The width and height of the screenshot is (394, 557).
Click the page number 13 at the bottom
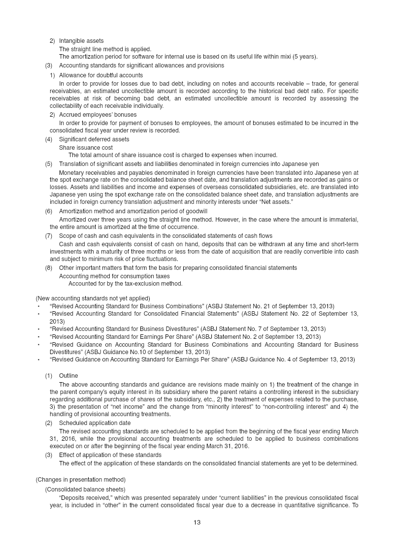(197, 523)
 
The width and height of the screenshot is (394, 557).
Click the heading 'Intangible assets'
(81, 40)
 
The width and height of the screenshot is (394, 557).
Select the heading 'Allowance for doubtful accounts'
(101, 75)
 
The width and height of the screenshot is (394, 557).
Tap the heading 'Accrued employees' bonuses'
(98, 115)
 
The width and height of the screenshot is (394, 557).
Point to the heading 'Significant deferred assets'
(94, 139)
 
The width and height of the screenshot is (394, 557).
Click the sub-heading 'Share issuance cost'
(86, 147)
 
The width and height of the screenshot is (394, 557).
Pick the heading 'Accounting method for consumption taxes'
(114, 276)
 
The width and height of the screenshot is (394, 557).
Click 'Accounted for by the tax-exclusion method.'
(125, 284)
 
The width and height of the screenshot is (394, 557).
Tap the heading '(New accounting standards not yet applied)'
(93, 298)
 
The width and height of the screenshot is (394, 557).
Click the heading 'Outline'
(68, 376)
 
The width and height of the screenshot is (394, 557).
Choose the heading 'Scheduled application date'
(95, 423)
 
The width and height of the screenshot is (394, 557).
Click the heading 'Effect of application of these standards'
(110, 455)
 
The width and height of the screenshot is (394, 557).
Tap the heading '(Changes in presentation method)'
(80, 479)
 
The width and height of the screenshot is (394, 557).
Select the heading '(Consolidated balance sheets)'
(85, 489)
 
